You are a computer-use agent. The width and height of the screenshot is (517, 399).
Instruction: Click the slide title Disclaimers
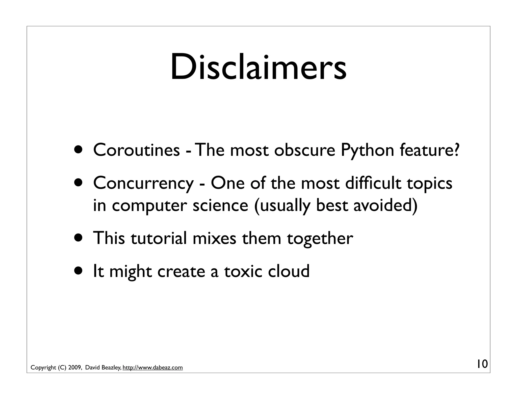click(x=258, y=67)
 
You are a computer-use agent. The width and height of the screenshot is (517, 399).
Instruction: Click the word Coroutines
click(x=136, y=150)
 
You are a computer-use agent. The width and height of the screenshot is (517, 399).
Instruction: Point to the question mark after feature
click(x=456, y=150)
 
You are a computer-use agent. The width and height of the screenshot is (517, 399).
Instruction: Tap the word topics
click(x=430, y=183)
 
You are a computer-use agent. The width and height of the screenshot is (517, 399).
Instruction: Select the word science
click(x=220, y=205)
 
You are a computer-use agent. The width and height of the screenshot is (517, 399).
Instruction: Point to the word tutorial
click(x=159, y=238)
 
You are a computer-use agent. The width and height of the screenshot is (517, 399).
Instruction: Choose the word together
click(x=320, y=239)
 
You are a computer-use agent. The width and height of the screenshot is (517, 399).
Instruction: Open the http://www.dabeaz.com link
click(x=152, y=367)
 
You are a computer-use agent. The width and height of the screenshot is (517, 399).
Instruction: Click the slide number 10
click(x=482, y=364)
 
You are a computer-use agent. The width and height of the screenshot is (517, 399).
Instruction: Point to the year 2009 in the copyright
click(x=75, y=367)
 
